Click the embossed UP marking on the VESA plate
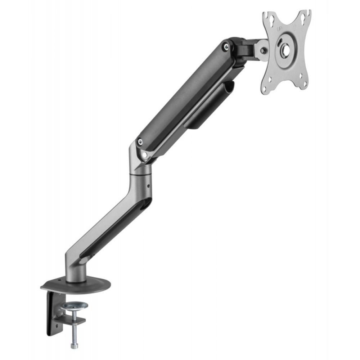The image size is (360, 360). pyautogui.click(x=279, y=28)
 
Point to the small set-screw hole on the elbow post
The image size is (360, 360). pyautogui.click(x=148, y=186)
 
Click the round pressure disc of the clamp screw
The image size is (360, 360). pyautogui.click(x=74, y=306)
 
